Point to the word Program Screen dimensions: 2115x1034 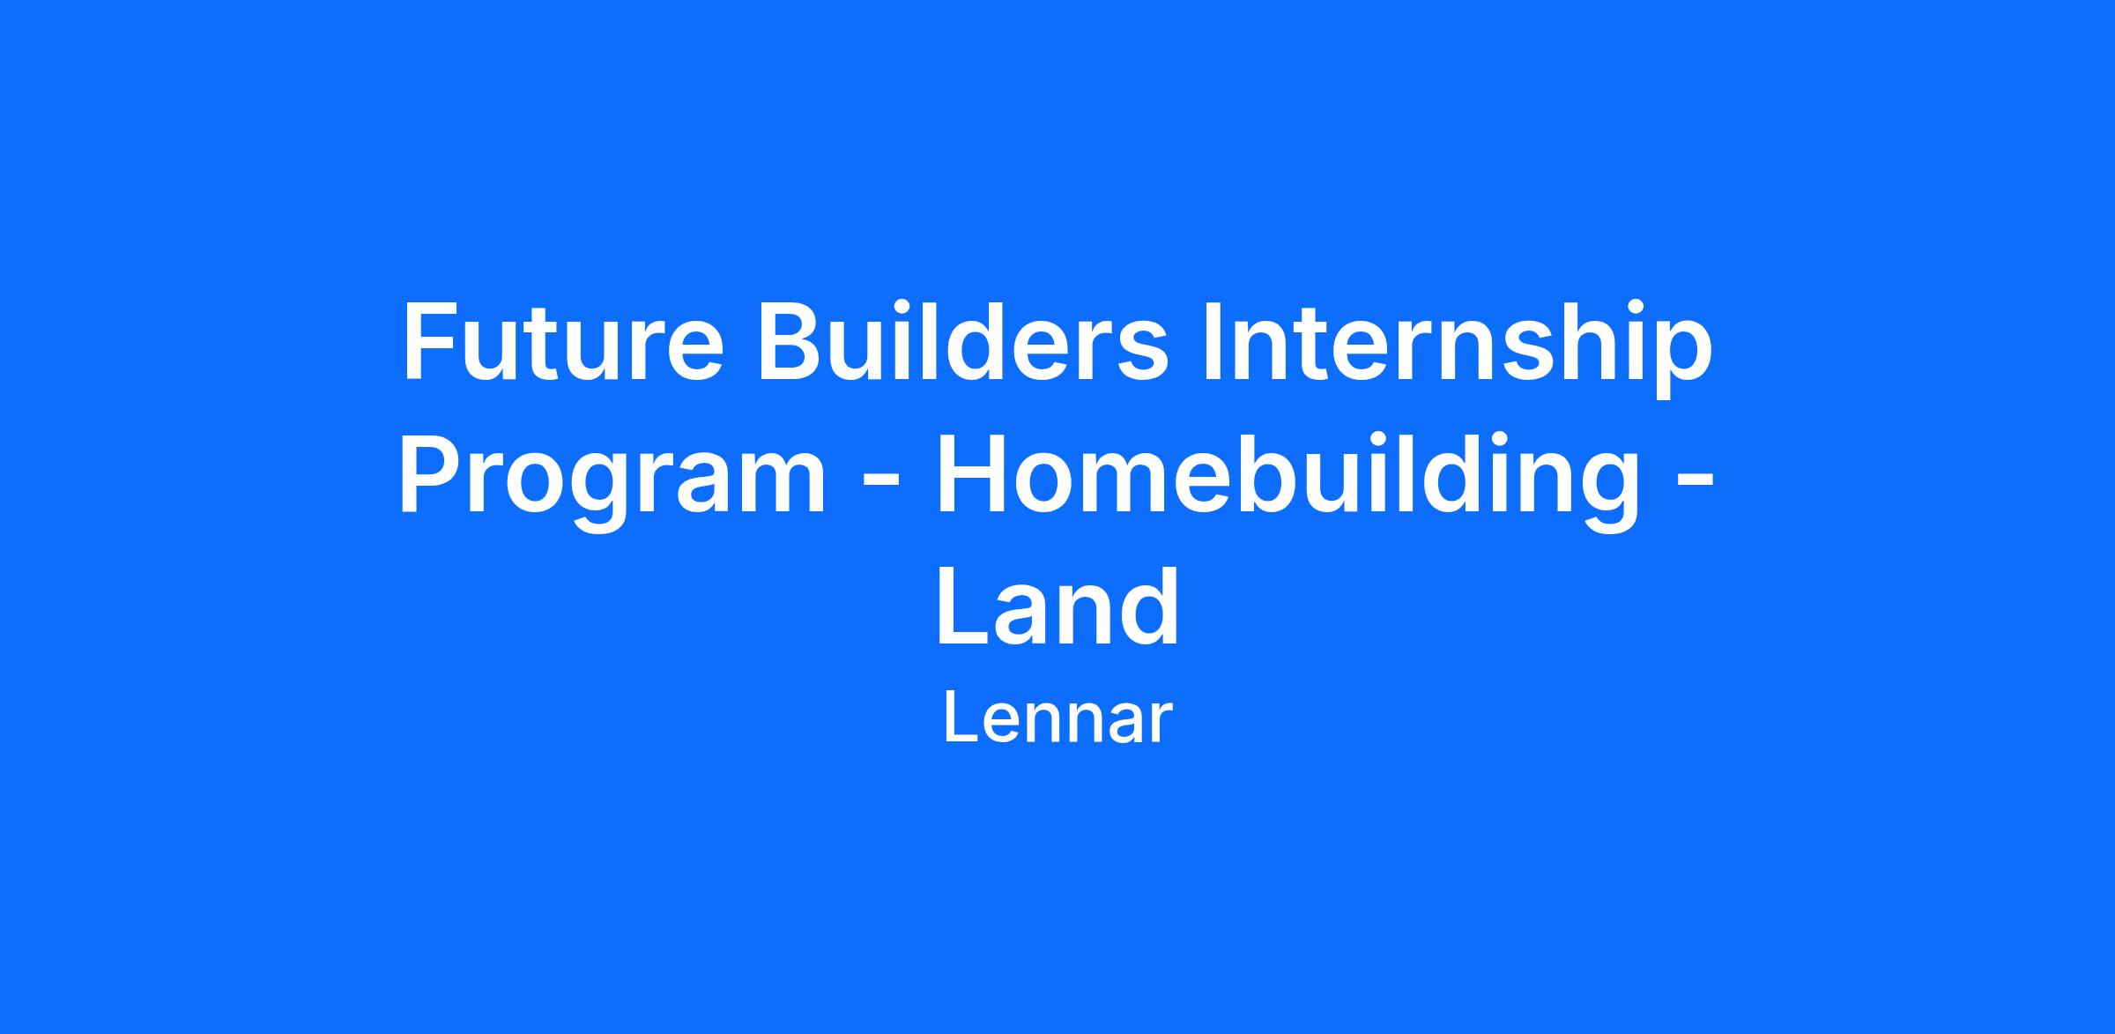(x=613, y=480)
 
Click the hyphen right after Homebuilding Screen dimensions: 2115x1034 (x=1695, y=486)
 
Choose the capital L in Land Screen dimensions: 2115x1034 (x=964, y=606)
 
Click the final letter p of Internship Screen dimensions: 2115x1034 (x=1684, y=361)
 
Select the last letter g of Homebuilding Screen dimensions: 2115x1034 (x=1612, y=493)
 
